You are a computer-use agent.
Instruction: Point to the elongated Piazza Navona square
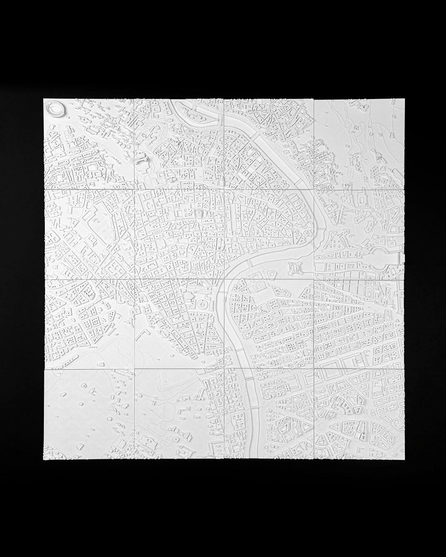(x=231, y=215)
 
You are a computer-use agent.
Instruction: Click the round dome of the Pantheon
(x=199, y=212)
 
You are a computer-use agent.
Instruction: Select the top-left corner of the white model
(x=44, y=99)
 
